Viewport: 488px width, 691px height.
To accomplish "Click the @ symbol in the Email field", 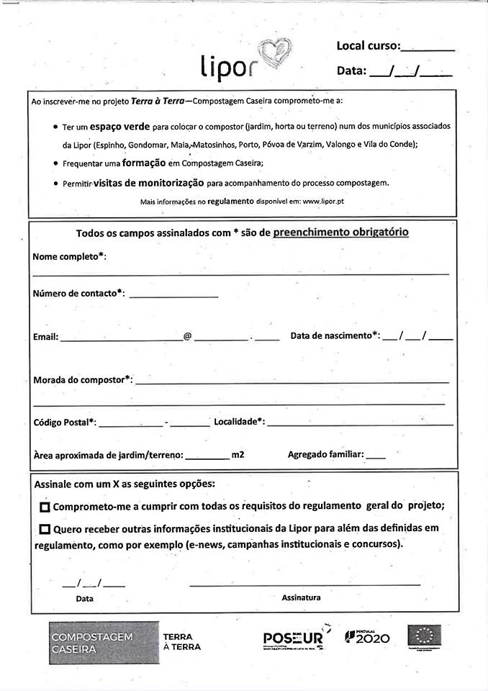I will click(187, 336).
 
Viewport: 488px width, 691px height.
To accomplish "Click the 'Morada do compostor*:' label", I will click(83, 379).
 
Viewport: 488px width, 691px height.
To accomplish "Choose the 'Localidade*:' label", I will click(239, 422).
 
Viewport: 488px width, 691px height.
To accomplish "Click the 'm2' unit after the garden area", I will click(238, 455).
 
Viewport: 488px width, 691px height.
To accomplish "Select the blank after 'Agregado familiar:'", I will click(376, 456).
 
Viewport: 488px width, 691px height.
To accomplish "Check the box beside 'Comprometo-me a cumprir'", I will click(45, 507).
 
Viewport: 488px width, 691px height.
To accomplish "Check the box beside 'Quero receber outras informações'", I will click(45, 529).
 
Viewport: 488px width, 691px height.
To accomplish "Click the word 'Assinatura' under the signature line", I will click(301, 597).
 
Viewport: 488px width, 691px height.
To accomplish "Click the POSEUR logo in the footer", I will click(293, 638).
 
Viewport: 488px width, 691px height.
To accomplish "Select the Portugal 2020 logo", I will click(367, 638).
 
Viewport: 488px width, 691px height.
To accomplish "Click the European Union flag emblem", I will click(425, 636).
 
